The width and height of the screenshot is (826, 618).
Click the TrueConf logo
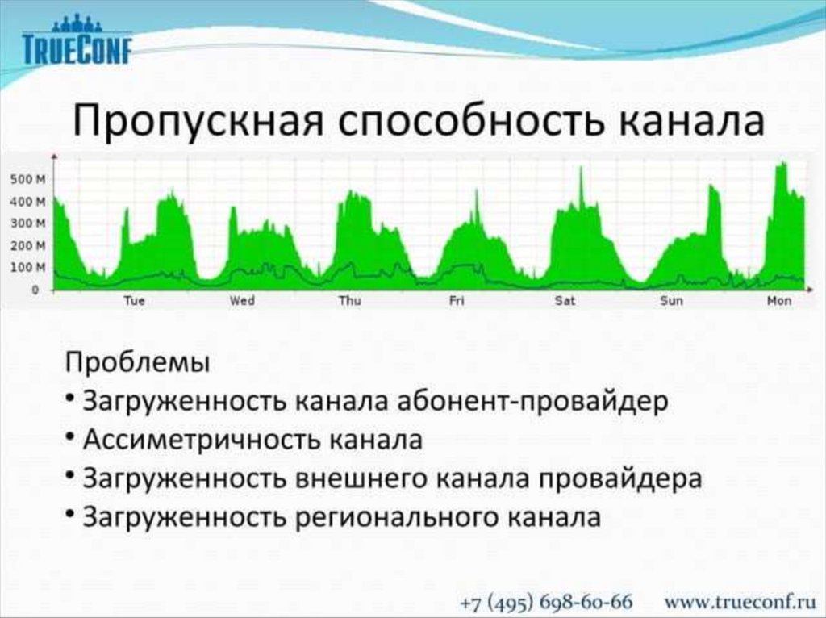pyautogui.click(x=77, y=40)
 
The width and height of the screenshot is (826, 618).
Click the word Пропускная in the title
pyautogui.click(x=198, y=121)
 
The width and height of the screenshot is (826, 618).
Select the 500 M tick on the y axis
pyautogui.click(x=28, y=180)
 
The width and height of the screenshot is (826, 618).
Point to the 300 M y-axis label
pyautogui.click(x=28, y=223)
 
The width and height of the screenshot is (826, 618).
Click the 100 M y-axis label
pyautogui.click(x=28, y=267)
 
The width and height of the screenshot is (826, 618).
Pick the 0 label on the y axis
pyautogui.click(x=35, y=290)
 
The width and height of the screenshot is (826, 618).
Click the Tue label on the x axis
pyautogui.click(x=135, y=301)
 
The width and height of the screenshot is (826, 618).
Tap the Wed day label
pyautogui.click(x=242, y=301)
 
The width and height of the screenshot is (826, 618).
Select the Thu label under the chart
pyautogui.click(x=350, y=301)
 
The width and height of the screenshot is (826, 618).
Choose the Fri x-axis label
pyautogui.click(x=457, y=301)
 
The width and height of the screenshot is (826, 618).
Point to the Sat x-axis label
pyautogui.click(x=565, y=301)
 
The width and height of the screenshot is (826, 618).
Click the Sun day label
pyautogui.click(x=672, y=301)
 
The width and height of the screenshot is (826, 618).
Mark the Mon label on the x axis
pyautogui.click(x=780, y=301)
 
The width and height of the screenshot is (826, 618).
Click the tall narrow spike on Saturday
pyautogui.click(x=582, y=187)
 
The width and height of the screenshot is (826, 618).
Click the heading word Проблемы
pyautogui.click(x=137, y=362)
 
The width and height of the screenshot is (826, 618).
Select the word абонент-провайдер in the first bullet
pyautogui.click(x=532, y=402)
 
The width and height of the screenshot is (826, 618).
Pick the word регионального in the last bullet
pyautogui.click(x=395, y=517)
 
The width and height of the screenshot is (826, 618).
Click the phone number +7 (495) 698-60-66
pyautogui.click(x=546, y=602)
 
